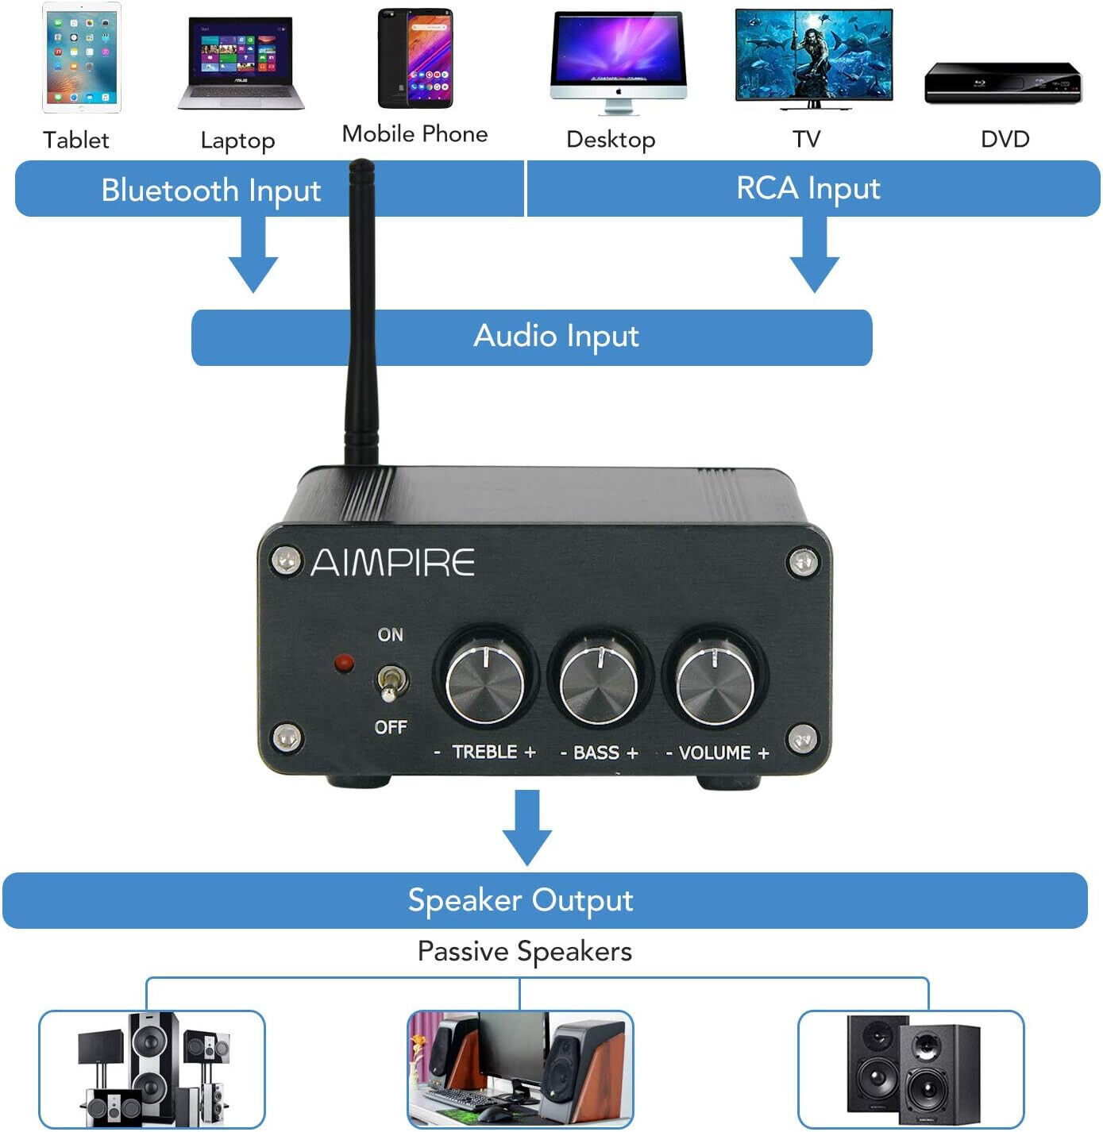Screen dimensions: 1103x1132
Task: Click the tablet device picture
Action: (82, 57)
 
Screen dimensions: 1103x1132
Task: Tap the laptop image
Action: (241, 63)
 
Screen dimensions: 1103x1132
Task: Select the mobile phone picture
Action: (415, 58)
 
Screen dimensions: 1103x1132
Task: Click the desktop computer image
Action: (618, 63)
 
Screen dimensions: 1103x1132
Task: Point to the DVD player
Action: (1002, 83)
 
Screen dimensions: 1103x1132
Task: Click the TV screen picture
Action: (814, 60)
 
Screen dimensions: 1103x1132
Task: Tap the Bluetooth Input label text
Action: (210, 191)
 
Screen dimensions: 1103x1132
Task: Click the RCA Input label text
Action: (808, 188)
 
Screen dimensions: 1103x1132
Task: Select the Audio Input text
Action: (556, 337)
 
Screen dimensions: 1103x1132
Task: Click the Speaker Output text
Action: (520, 901)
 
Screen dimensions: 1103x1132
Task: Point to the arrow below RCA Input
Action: (814, 254)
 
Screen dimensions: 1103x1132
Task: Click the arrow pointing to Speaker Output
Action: (526, 826)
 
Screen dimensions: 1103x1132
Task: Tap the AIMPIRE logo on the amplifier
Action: (393, 563)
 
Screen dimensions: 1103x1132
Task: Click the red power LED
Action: (344, 663)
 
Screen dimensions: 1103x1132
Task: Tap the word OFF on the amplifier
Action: (391, 726)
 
